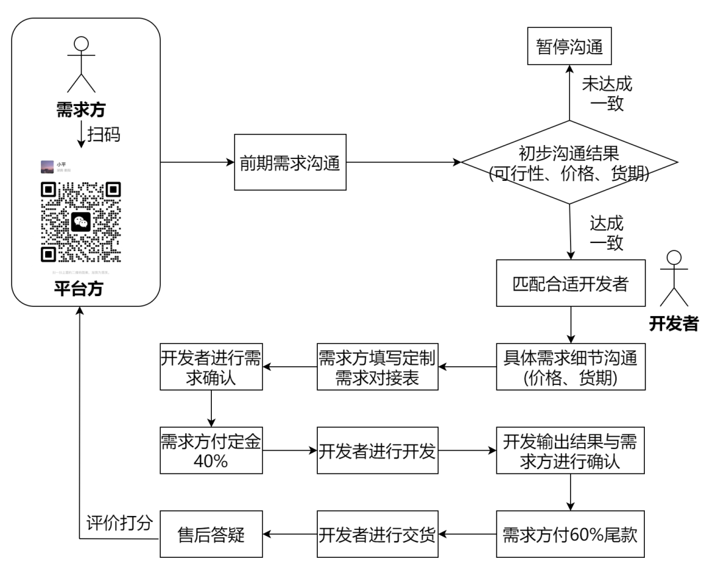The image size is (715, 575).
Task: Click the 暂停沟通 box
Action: coord(569,47)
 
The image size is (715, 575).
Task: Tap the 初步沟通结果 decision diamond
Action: coord(569,163)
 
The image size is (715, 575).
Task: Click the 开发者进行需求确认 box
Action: coord(211,366)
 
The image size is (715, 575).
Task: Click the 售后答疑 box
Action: coord(211,535)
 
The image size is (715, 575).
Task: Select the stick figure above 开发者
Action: coord(673,278)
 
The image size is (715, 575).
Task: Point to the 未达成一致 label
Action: coord(606,93)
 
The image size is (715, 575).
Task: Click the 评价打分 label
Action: coord(120,522)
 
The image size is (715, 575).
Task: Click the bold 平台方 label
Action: coord(81,289)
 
